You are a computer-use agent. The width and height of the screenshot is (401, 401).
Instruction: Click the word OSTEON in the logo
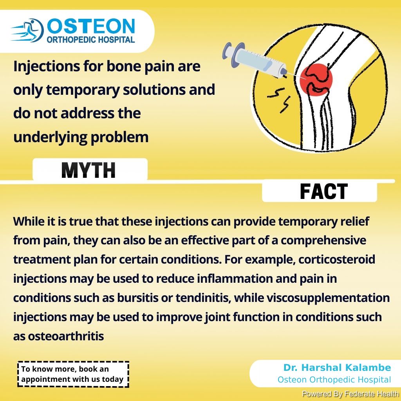coord(91,26)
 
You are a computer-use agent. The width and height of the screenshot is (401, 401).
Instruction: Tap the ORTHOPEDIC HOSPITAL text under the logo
coord(91,40)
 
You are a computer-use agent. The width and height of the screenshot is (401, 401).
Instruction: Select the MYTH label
coord(89,170)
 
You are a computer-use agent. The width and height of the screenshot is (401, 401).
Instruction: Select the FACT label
coord(324,191)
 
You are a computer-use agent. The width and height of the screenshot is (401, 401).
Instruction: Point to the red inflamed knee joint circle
coord(316,79)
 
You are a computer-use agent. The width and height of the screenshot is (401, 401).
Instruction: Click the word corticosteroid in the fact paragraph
coord(337,259)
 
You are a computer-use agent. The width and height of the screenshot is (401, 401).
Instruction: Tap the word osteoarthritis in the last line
coord(66,336)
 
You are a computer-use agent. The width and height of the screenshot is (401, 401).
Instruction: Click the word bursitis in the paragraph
coord(137,298)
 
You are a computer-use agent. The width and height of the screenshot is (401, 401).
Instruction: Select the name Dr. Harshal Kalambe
coord(337,367)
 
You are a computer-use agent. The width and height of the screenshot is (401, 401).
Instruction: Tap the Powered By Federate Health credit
coord(350,394)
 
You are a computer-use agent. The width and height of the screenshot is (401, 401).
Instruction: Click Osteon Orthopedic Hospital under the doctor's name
coord(334,380)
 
